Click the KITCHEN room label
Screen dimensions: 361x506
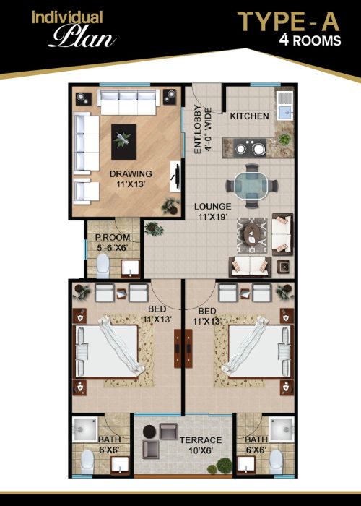click(x=249, y=116)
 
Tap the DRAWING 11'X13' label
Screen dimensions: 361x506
click(x=131, y=179)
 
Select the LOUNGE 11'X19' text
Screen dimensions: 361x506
click(x=213, y=211)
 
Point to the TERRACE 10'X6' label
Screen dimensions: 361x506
click(x=201, y=445)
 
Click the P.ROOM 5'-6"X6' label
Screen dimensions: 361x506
click(x=113, y=243)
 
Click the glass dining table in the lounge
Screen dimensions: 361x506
click(x=251, y=186)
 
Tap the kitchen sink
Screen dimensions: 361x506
click(x=284, y=106)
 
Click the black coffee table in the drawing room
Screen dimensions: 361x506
click(x=123, y=142)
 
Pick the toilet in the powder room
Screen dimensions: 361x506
click(x=103, y=265)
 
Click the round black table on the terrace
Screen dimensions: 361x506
click(x=149, y=432)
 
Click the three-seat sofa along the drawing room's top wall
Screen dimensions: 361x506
click(x=129, y=102)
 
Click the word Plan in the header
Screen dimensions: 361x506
click(x=83, y=37)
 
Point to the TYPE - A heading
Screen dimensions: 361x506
click(x=288, y=22)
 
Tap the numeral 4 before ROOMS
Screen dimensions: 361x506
click(x=284, y=40)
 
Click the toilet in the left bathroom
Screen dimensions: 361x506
click(x=87, y=462)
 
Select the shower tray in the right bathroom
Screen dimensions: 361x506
click(x=282, y=429)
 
